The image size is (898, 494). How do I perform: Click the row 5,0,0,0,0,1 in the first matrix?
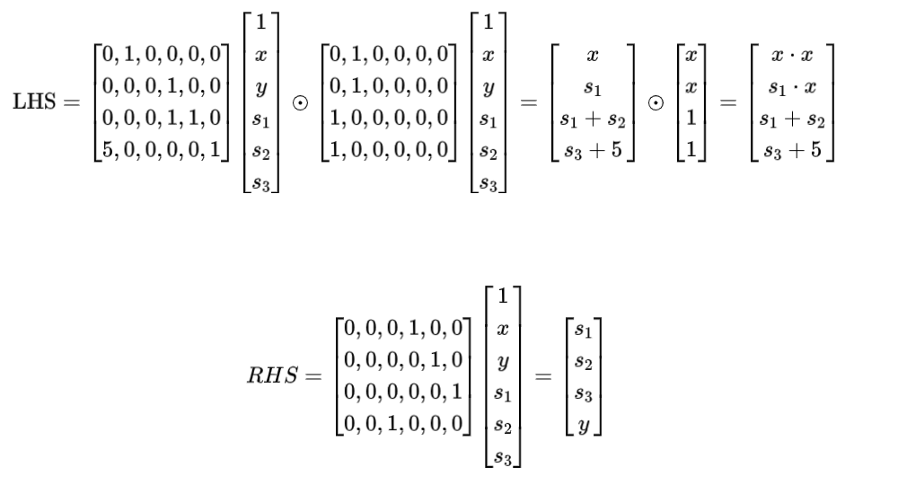point(165,147)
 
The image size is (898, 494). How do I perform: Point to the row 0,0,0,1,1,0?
point(165,117)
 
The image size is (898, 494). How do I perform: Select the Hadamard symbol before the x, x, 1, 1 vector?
point(656,101)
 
